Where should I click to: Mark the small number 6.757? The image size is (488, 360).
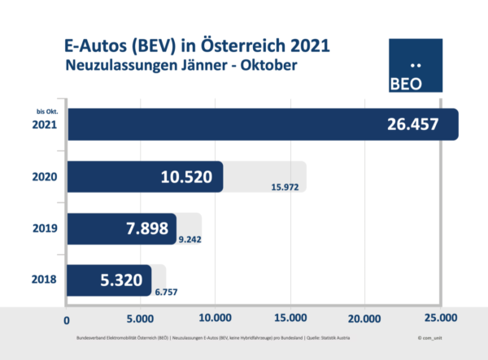[165, 290]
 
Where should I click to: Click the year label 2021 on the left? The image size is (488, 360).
[45, 126]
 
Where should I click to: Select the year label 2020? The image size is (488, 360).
[45, 177]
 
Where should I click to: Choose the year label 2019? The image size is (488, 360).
[45, 228]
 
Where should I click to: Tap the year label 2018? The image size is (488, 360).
[45, 280]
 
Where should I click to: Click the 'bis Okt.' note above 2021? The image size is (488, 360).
[47, 110]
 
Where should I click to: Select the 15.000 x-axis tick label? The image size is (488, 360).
[290, 318]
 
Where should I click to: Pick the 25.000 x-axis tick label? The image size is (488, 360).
[439, 318]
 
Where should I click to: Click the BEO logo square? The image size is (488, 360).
[416, 66]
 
